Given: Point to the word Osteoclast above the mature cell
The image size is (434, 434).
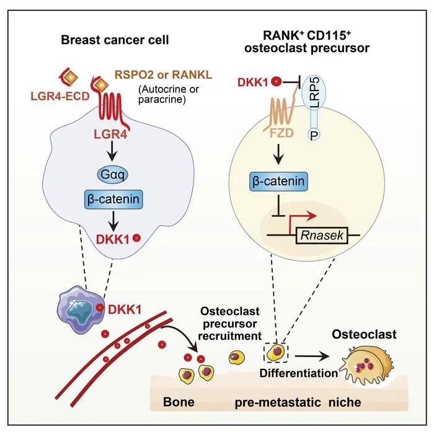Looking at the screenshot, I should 370,335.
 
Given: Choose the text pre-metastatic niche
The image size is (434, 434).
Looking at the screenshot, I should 298,402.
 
